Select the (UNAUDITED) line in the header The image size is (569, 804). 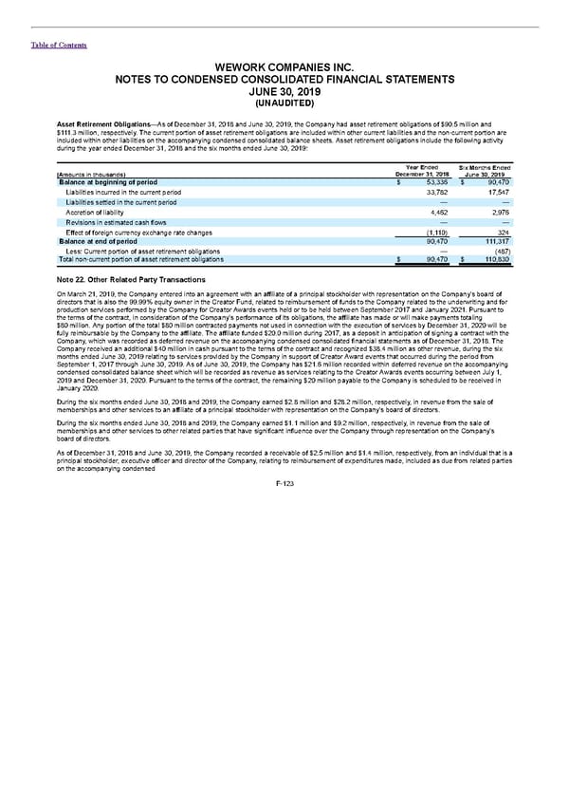284,103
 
